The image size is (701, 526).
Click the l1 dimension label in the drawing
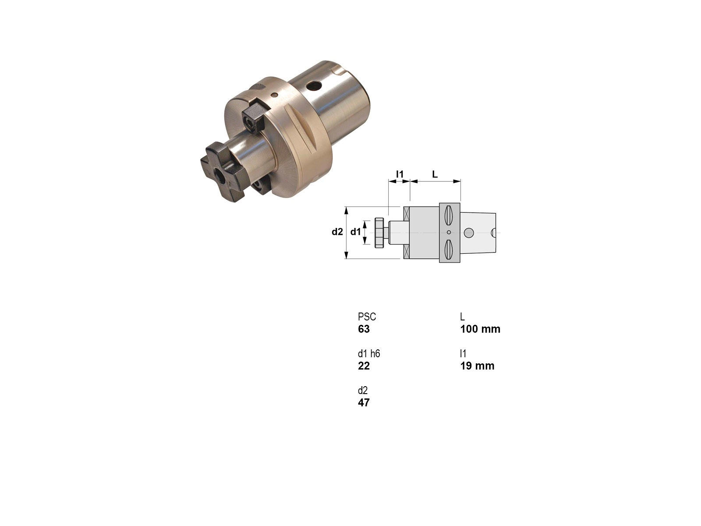click(400, 174)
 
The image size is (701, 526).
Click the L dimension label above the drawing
click(435, 174)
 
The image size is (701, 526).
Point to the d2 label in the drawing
click(337, 231)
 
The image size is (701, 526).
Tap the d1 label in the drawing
click(355, 231)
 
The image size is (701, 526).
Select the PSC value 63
click(364, 329)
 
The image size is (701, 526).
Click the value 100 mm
click(480, 329)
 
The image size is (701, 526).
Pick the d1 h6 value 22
click(364, 366)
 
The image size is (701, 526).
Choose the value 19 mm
click(477, 366)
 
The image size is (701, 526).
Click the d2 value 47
click(364, 402)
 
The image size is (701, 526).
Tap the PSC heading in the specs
click(367, 317)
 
